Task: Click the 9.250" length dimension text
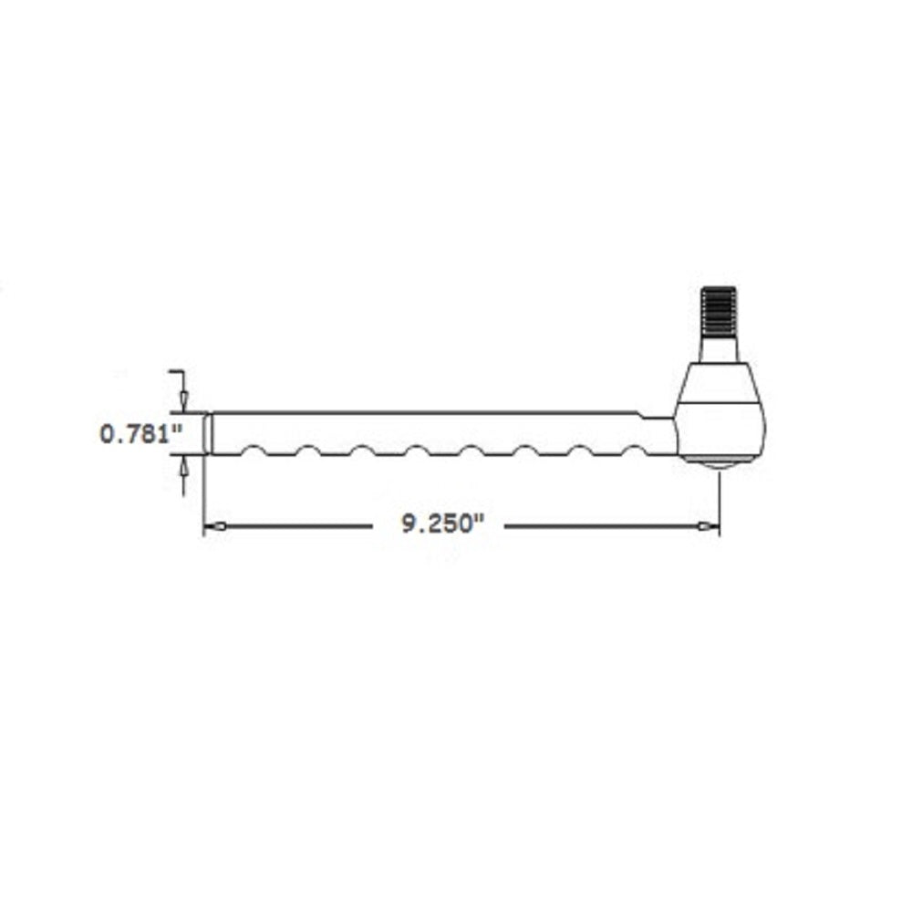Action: pos(440,525)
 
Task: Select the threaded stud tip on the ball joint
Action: pos(720,310)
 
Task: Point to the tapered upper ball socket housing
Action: pos(720,383)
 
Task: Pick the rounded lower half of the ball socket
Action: pos(720,429)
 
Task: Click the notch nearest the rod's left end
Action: pos(254,450)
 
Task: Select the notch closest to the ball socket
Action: pos(632,450)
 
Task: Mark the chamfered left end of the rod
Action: pos(208,432)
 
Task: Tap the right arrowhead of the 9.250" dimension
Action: pos(708,526)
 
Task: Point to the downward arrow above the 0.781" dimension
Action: pos(184,399)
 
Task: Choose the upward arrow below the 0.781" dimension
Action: pos(184,467)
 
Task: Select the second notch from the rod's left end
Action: pos(307,450)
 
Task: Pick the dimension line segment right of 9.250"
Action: pos(602,526)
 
